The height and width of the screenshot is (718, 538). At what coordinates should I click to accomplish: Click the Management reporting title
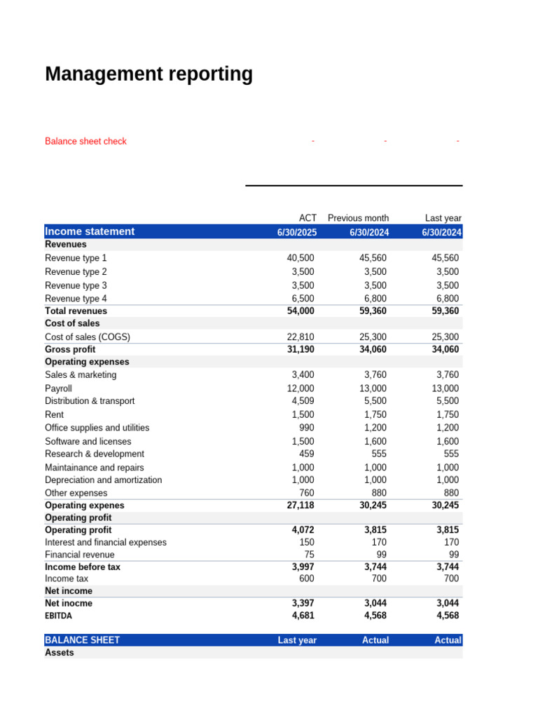click(x=149, y=74)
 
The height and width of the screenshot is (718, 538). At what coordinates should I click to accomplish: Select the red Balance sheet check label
click(x=85, y=141)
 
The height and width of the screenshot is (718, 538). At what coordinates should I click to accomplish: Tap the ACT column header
click(x=308, y=218)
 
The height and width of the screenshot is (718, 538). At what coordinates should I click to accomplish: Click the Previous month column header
click(x=358, y=218)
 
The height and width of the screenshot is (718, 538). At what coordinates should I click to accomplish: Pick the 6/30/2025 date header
click(x=297, y=232)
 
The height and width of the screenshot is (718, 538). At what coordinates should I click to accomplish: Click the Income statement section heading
click(x=90, y=231)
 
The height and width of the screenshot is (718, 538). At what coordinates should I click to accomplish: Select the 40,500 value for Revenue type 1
click(x=301, y=258)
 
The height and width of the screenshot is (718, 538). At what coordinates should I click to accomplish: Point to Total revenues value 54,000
click(x=301, y=311)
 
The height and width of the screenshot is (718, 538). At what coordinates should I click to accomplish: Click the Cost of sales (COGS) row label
click(x=88, y=337)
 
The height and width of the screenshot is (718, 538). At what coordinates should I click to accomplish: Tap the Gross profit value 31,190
click(x=301, y=349)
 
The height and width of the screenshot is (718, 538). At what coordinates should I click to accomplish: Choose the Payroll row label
click(x=58, y=388)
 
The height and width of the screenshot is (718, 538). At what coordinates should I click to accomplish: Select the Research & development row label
click(x=95, y=454)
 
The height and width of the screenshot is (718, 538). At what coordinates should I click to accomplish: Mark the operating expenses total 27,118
click(x=301, y=505)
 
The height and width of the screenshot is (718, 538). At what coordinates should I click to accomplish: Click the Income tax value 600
click(x=306, y=578)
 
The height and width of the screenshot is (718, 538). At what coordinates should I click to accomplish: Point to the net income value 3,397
click(x=303, y=603)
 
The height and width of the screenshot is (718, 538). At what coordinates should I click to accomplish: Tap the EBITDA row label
click(x=58, y=616)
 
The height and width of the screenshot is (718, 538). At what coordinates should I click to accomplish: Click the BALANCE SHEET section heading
click(x=82, y=640)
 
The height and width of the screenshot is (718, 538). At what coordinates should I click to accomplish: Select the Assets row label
click(x=59, y=652)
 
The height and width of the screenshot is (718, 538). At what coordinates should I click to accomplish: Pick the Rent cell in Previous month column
click(x=375, y=414)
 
